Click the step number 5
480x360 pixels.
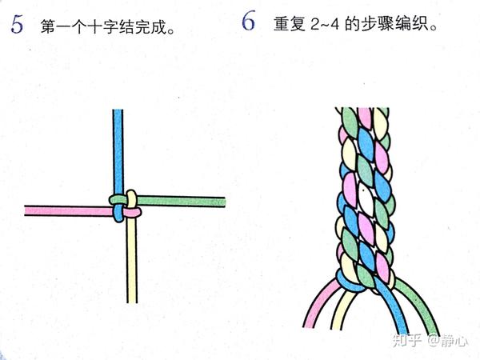coord(17,25)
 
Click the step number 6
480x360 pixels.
coord(248,22)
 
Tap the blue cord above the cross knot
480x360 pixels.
coord(118,151)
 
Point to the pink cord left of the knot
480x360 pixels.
coord(69,211)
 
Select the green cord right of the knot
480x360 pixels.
coord(181,202)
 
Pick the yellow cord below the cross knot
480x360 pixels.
coord(132,260)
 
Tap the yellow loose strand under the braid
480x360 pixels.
coord(344,309)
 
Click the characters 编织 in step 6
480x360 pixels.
coord(410,24)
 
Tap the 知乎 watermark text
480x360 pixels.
coord(407,341)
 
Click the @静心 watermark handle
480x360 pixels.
coord(447,341)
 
